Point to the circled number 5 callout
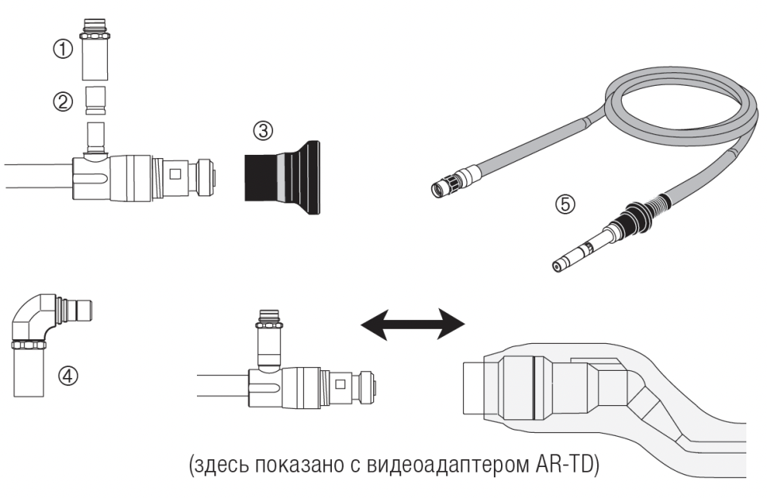tap(565, 204)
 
